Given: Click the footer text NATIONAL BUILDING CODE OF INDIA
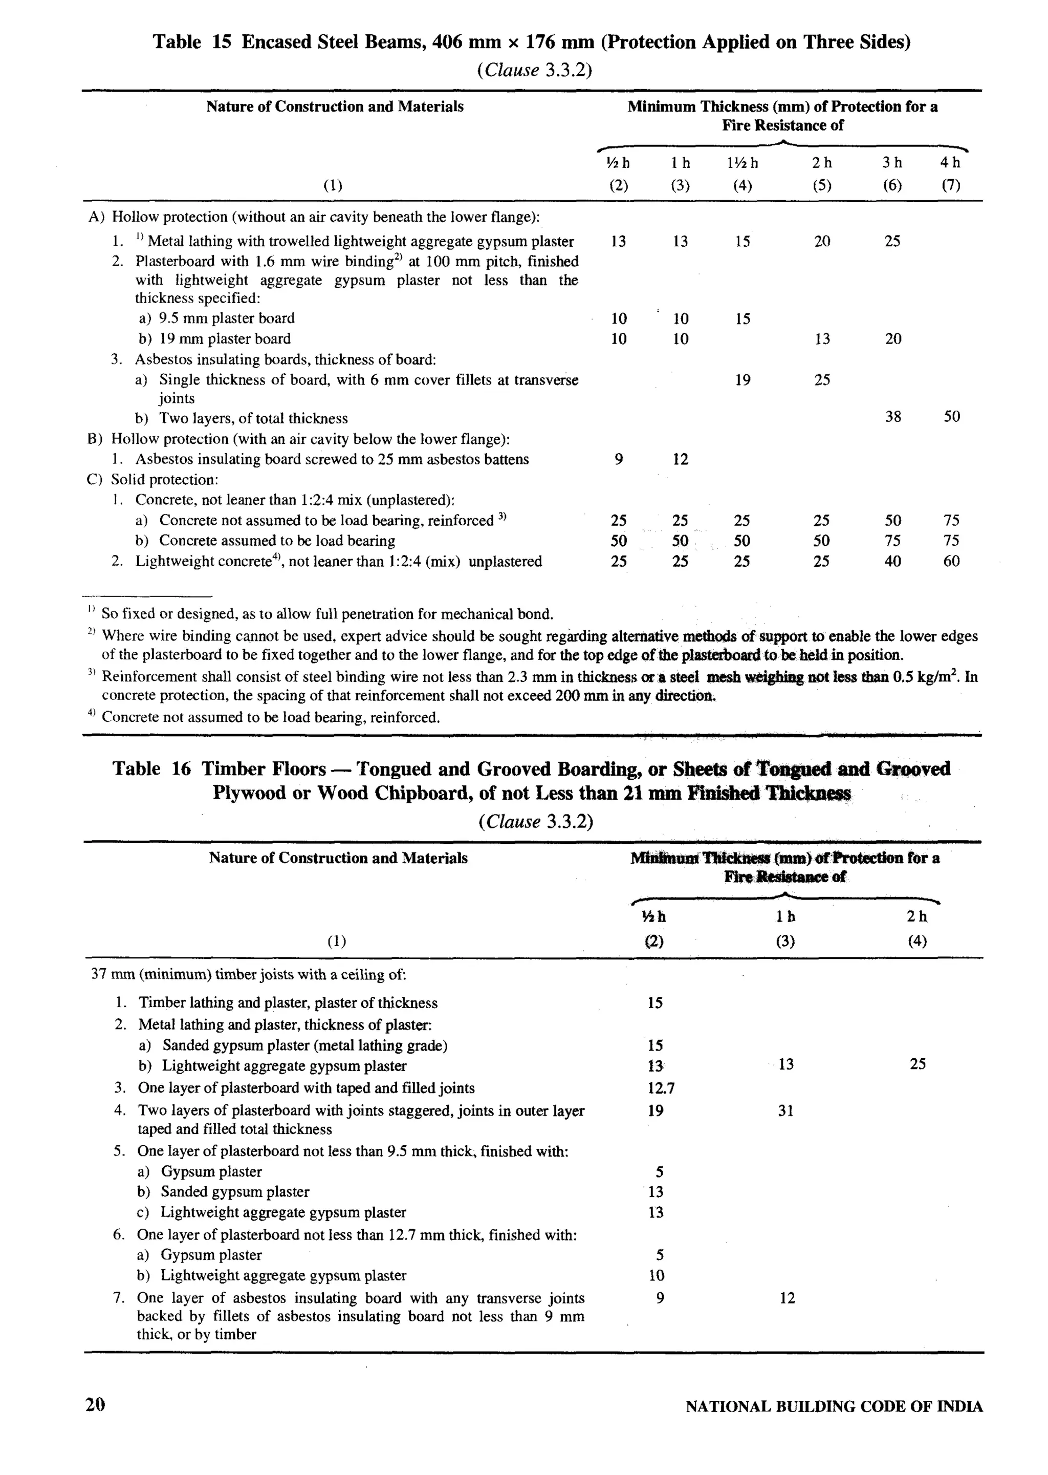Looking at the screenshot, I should [x=834, y=1406].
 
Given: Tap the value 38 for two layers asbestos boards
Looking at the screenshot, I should [x=892, y=417].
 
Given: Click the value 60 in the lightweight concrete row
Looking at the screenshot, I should [x=951, y=561].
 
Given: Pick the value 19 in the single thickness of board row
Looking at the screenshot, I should [x=743, y=380].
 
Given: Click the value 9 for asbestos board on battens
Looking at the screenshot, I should [x=618, y=460].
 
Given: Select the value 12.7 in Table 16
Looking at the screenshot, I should [x=661, y=1088].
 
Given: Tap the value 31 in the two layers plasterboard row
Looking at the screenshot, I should [x=785, y=1111].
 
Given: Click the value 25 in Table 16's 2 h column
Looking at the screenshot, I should [x=917, y=1064].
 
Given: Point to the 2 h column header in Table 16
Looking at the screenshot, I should [x=916, y=916].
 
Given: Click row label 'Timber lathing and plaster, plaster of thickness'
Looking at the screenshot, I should [x=287, y=1003].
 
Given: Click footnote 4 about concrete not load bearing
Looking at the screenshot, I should [x=270, y=717].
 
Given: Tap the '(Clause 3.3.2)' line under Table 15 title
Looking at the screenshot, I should [x=534, y=70].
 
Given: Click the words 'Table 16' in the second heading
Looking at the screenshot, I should [x=151, y=769].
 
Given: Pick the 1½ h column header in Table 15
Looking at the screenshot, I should [x=742, y=163].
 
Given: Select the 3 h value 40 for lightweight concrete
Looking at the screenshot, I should [x=892, y=561].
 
